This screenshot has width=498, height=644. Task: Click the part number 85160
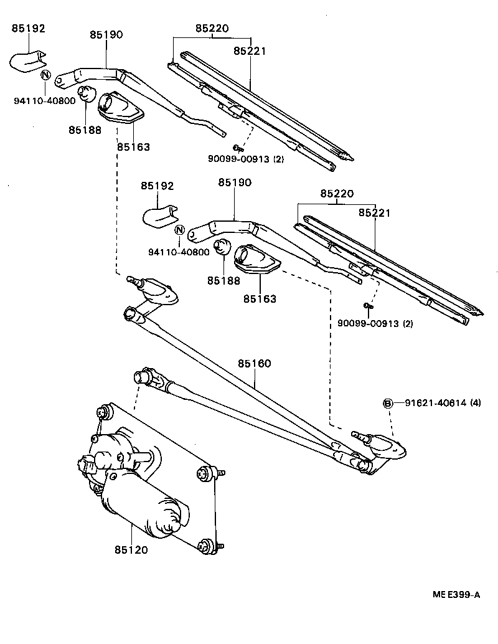pyautogui.click(x=253, y=363)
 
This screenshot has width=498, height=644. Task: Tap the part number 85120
pyautogui.click(x=131, y=550)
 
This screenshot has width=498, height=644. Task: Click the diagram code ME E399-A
pyautogui.click(x=457, y=595)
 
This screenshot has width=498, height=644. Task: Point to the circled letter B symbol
pyautogui.click(x=387, y=404)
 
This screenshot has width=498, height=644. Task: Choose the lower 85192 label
pyautogui.click(x=157, y=186)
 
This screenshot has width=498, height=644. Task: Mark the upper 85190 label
pyautogui.click(x=106, y=36)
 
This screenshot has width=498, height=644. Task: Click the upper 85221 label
pyautogui.click(x=250, y=51)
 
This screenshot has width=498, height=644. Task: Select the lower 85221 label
pyautogui.click(x=374, y=213)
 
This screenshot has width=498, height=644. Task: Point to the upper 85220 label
pyautogui.click(x=212, y=28)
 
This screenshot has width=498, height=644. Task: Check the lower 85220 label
pyautogui.click(x=337, y=194)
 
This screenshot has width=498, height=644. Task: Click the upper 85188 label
pyautogui.click(x=85, y=130)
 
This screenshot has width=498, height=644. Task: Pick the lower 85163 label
pyautogui.click(x=260, y=299)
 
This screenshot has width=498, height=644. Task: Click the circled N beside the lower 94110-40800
pyautogui.click(x=179, y=229)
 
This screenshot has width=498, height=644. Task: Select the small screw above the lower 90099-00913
pyautogui.click(x=367, y=305)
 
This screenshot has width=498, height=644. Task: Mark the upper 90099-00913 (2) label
pyautogui.click(x=245, y=159)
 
